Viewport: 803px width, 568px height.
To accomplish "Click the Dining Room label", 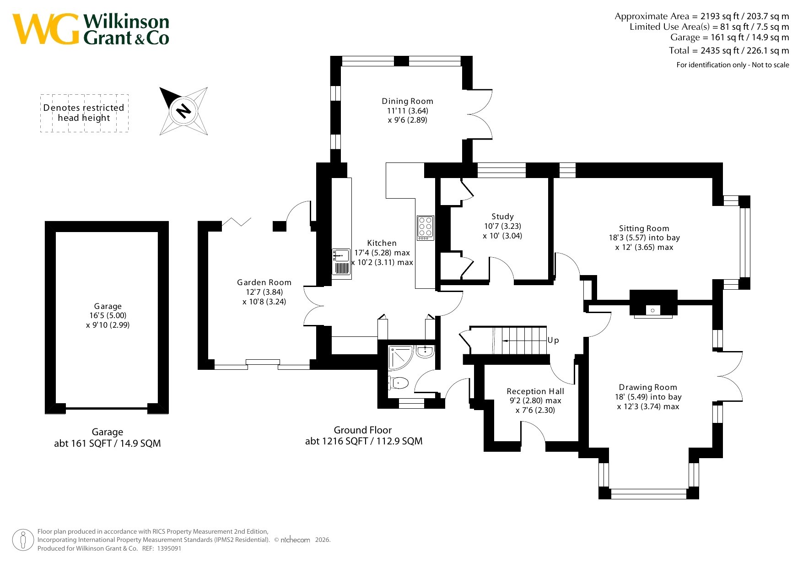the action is [x=407, y=101].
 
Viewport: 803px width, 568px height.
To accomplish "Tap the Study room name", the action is [x=502, y=216].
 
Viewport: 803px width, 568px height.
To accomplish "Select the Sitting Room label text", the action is [x=644, y=228].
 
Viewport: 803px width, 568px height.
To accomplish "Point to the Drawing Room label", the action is [x=648, y=387].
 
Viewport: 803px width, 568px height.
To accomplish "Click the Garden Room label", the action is [x=264, y=282].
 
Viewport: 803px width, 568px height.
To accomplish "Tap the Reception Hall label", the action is [x=535, y=391].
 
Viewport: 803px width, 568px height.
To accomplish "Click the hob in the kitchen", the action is [x=425, y=228].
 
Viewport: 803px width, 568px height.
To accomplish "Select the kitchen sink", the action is [x=341, y=262].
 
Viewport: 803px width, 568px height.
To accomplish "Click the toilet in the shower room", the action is [x=398, y=382].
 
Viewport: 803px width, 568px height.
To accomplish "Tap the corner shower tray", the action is [x=400, y=357].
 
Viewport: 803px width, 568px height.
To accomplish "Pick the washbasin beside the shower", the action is [x=425, y=352].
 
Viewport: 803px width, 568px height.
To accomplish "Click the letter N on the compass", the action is [x=183, y=110].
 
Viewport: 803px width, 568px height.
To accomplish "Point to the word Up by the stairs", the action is [x=553, y=340].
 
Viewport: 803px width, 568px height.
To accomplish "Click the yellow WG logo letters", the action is [x=46, y=29].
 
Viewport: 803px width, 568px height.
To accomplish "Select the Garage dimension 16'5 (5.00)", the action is [x=108, y=315].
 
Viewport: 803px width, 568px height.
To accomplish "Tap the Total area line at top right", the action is [x=729, y=50].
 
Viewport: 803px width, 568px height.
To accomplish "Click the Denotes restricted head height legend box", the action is [x=84, y=113].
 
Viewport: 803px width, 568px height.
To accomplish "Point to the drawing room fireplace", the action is [x=653, y=303].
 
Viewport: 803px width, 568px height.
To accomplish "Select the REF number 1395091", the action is [x=169, y=548].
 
